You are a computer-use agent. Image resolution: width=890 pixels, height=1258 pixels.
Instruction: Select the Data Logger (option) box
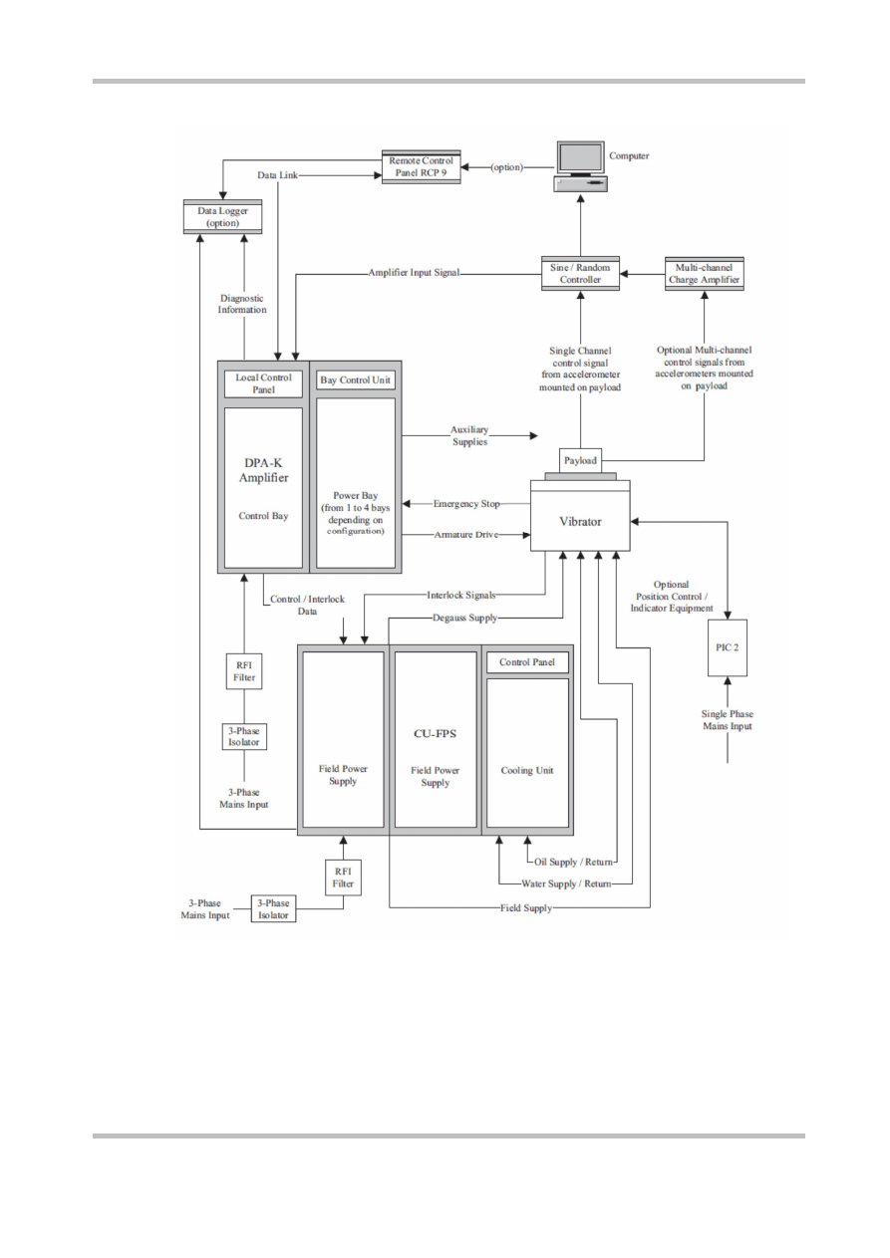(x=222, y=216)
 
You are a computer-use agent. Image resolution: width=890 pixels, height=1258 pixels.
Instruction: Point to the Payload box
(x=580, y=461)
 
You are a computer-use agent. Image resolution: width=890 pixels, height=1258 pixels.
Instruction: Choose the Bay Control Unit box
(x=355, y=379)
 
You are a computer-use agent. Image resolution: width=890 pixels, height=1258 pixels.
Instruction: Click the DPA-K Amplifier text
(x=263, y=470)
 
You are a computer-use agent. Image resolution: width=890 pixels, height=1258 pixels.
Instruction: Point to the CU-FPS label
(x=435, y=735)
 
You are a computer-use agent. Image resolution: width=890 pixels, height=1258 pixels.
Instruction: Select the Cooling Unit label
(x=526, y=769)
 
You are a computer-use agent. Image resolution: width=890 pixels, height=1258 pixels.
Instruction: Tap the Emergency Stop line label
(x=466, y=504)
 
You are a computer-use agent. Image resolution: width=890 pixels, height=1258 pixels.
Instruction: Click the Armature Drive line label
(x=466, y=536)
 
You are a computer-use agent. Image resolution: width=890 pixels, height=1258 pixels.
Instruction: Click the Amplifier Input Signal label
(x=414, y=272)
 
